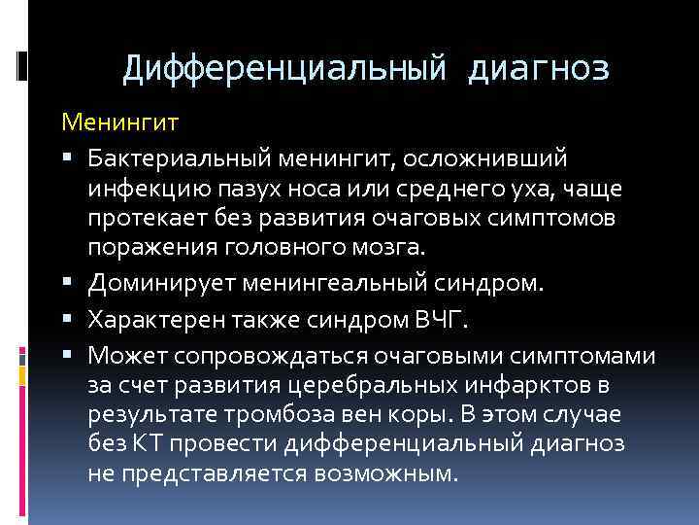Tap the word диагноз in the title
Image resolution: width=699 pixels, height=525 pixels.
click(x=539, y=68)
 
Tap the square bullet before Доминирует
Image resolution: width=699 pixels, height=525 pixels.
click(x=75, y=283)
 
